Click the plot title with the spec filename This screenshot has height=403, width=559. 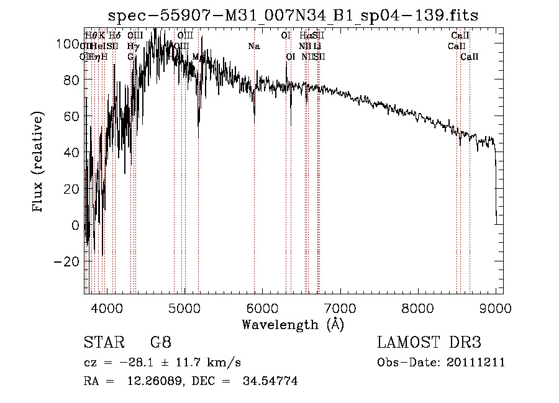coord(293,16)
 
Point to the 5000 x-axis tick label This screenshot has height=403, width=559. coord(184,307)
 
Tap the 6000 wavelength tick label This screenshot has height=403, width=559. coord(262,307)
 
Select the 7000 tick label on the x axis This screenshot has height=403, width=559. coord(340,307)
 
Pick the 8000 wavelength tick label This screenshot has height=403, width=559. coord(417,307)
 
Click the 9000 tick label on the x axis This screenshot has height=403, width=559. coord(495,307)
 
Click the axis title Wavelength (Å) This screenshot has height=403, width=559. coord(293,324)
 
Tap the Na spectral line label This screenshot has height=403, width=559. coord(253,47)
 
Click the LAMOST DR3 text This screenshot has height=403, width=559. coord(429,342)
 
